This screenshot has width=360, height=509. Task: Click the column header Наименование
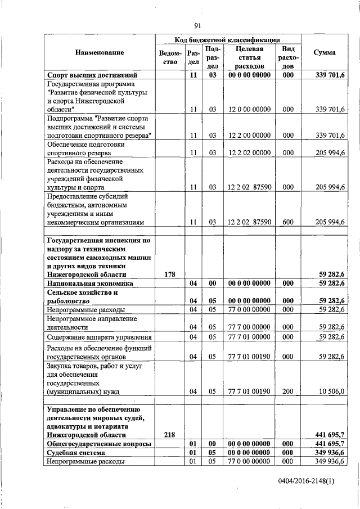click(x=99, y=52)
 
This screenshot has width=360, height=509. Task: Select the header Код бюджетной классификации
click(x=227, y=40)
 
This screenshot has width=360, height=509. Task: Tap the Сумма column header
click(x=325, y=52)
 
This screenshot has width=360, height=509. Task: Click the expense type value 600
click(x=288, y=222)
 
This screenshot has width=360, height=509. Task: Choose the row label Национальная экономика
click(x=90, y=283)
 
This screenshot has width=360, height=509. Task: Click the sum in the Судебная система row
click(x=330, y=453)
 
